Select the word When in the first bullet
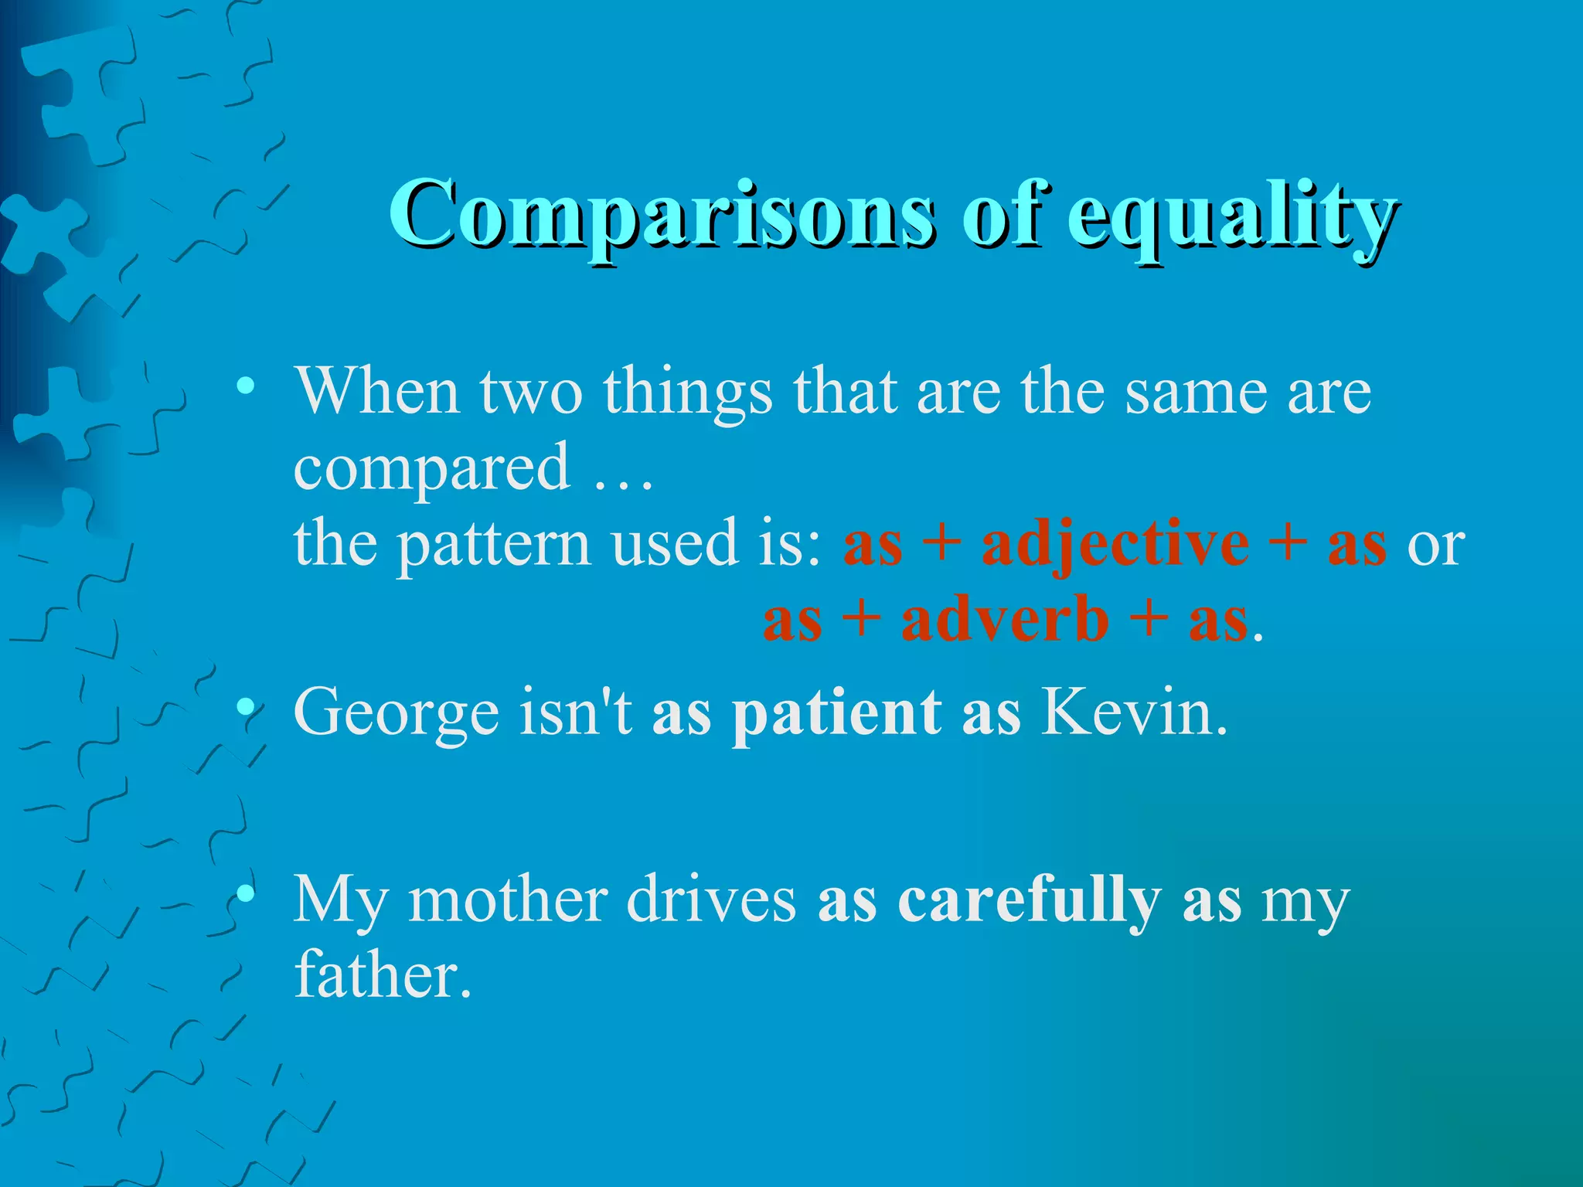tap(378, 391)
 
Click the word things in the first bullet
tap(687, 393)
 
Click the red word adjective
tap(1115, 544)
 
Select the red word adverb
tap(1005, 620)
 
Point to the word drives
tap(710, 900)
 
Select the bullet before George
tap(245, 706)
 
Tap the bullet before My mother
tap(245, 894)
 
